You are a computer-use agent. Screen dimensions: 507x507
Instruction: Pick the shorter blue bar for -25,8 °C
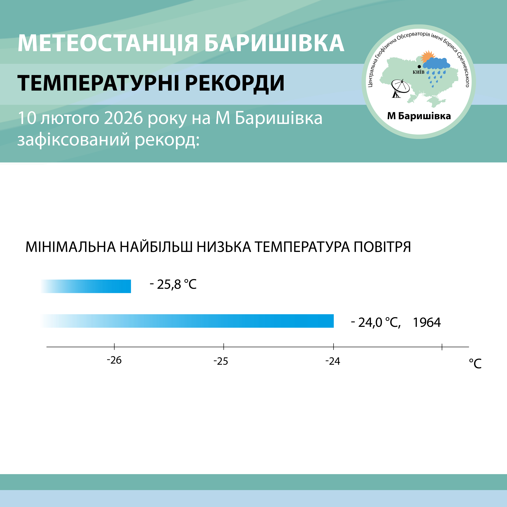click(x=86, y=286)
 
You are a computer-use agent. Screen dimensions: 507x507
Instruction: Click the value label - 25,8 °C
click(x=173, y=284)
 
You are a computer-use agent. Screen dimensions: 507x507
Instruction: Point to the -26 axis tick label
click(x=114, y=361)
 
